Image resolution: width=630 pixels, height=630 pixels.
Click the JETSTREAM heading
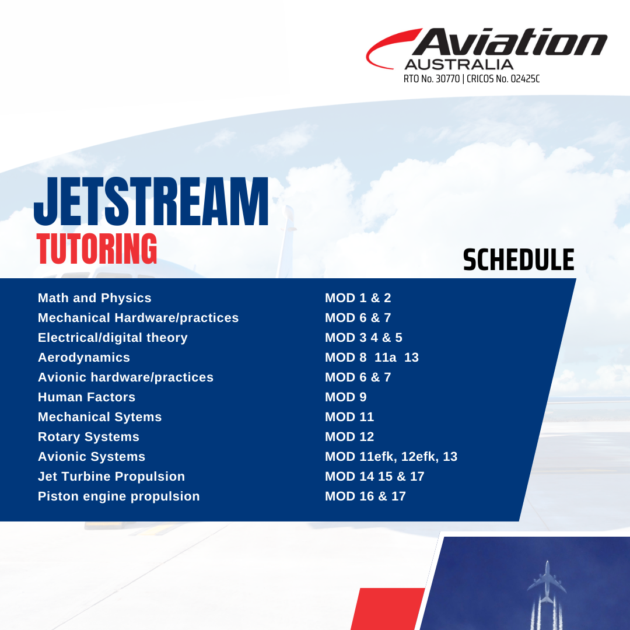tap(151, 202)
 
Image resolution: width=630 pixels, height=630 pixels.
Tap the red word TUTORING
tap(96, 249)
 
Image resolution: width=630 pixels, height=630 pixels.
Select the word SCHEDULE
tap(519, 260)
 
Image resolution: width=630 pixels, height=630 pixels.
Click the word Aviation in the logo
tap(509, 42)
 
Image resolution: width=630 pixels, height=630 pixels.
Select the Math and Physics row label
tap(94, 297)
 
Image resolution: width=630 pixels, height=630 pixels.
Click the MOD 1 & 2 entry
tap(358, 297)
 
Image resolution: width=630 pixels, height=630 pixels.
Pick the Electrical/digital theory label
tap(113, 338)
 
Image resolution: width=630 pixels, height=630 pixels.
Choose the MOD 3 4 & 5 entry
tap(363, 338)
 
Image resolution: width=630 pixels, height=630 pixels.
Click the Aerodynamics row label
tap(84, 358)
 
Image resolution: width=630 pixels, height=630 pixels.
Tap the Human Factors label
tap(86, 397)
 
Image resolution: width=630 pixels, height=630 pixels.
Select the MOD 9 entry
tap(346, 397)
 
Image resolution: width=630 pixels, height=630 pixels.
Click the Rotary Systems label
tap(89, 437)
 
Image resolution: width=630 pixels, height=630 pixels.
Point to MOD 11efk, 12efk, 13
tap(391, 456)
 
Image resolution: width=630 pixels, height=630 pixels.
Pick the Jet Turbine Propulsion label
tap(111, 477)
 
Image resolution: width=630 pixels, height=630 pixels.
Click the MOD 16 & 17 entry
tap(365, 496)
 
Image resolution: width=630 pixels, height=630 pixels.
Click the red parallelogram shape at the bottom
tap(388, 608)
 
